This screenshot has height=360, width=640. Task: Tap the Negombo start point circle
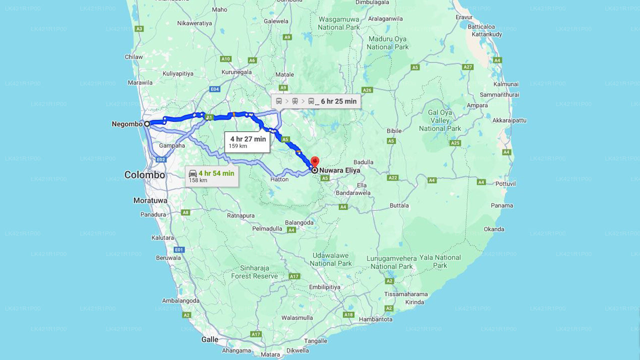(x=147, y=123)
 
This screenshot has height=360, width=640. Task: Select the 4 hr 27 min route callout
(x=247, y=142)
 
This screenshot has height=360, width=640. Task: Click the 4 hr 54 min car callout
(x=211, y=176)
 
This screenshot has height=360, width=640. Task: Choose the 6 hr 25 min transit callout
(x=316, y=101)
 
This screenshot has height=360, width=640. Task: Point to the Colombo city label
(x=144, y=175)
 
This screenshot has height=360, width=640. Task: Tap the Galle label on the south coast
(x=210, y=339)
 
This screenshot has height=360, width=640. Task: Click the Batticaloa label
(x=481, y=26)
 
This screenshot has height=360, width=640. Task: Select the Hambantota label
(x=375, y=319)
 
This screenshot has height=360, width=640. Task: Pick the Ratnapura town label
(x=241, y=216)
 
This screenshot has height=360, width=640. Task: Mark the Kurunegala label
(x=237, y=72)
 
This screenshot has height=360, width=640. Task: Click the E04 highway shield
(x=214, y=89)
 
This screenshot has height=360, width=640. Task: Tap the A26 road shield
(x=367, y=90)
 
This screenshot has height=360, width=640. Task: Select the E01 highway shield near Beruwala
(x=179, y=249)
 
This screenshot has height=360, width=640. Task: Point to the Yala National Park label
(x=440, y=261)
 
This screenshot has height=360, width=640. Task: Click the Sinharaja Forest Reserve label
(x=254, y=272)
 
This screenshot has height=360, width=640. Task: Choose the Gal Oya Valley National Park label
(x=440, y=120)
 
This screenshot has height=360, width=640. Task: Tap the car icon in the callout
(x=193, y=173)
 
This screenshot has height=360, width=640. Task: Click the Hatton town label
(x=279, y=179)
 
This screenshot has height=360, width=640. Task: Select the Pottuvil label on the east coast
(x=505, y=184)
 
